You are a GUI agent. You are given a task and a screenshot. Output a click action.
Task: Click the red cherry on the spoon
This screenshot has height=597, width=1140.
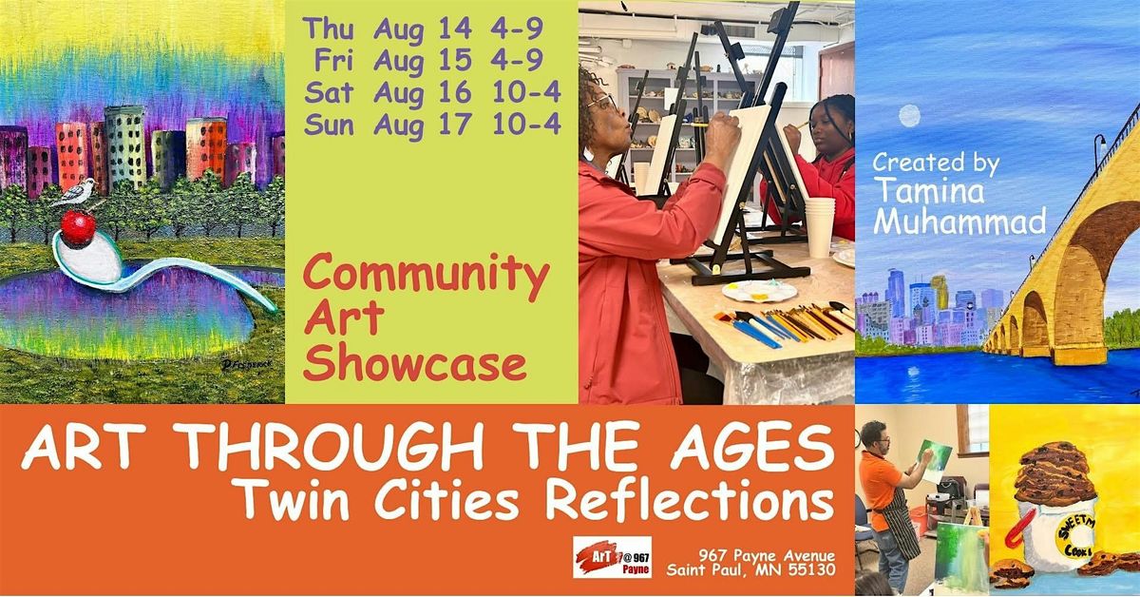pos(78,228)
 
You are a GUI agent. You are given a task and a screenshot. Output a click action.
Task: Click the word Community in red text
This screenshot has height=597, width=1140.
pos(426,276)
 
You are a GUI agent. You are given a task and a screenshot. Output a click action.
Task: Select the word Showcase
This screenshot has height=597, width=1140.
pos(415,364)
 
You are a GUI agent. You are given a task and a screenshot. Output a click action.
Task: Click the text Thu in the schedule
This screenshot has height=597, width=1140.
pos(329,29)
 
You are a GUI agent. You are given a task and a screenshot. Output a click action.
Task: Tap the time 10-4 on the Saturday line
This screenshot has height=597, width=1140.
pos(526,92)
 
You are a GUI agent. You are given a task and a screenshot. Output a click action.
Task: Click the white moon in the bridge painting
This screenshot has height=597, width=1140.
pos(909,116)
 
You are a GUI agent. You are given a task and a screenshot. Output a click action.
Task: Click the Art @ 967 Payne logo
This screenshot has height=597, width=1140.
pos(612,557)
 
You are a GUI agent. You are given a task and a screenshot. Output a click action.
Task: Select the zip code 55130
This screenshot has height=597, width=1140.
pos(811,569)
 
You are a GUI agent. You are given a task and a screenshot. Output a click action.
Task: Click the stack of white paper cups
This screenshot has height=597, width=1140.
pos(820,226)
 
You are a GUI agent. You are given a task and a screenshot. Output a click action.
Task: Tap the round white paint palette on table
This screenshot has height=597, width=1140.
pos(759,292)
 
